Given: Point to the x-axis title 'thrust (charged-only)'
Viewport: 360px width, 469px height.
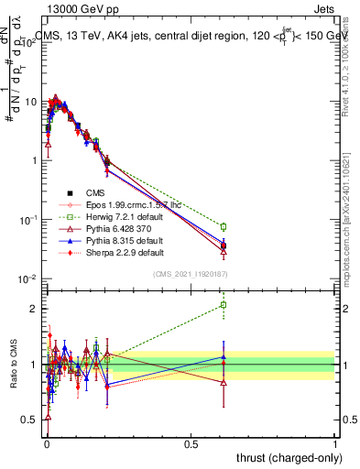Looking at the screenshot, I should tap(284, 457).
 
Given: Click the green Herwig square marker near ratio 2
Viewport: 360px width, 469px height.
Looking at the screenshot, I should tap(223, 305).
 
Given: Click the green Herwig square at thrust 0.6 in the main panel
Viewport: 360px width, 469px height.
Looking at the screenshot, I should tap(223, 226).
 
